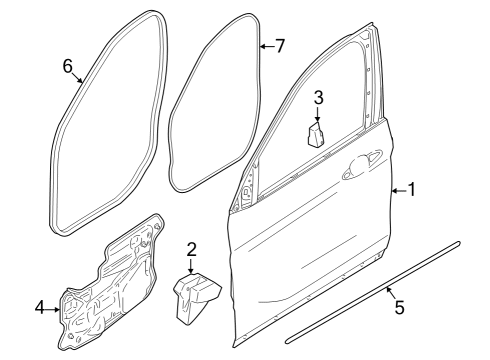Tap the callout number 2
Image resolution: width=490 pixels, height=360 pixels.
pyautogui.click(x=190, y=250)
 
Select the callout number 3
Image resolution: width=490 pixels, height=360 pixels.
pyautogui.click(x=317, y=98)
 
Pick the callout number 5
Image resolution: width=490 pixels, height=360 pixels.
pyautogui.click(x=399, y=308)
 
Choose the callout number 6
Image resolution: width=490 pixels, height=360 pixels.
pyautogui.click(x=68, y=66)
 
